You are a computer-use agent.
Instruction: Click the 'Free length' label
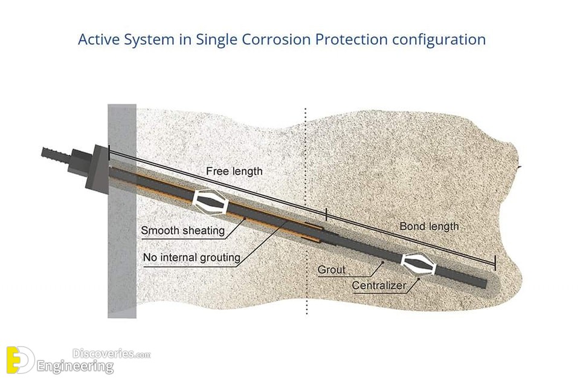234,171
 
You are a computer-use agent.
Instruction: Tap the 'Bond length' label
429,226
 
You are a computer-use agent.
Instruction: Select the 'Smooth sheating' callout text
182,230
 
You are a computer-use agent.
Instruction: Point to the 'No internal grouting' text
192,258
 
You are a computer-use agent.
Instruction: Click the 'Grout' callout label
332,270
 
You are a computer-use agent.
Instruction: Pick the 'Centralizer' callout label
379,285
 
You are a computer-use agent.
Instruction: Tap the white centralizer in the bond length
418,265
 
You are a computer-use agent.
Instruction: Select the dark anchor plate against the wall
97,167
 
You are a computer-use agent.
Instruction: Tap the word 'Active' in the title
98,39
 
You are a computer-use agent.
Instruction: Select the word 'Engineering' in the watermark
75,366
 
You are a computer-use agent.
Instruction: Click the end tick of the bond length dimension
495,263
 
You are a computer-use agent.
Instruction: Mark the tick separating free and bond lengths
326,214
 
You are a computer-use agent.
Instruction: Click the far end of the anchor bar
485,284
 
